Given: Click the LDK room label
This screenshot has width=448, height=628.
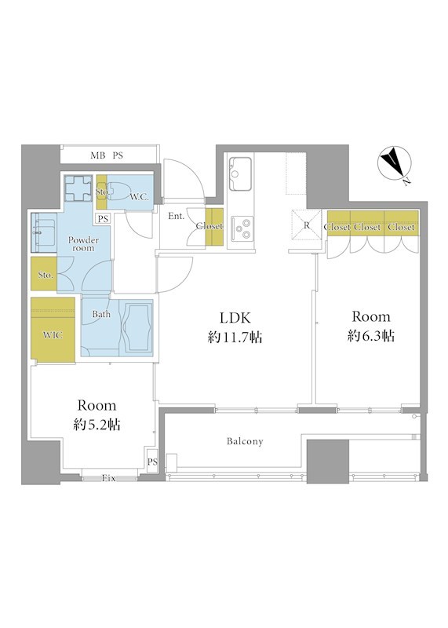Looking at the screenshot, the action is tap(235, 318).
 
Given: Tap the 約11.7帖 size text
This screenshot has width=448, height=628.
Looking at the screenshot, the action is tap(235, 338).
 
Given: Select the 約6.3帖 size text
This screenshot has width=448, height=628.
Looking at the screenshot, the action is tap(371, 336).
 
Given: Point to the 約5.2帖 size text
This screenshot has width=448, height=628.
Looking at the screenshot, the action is tap(97, 425).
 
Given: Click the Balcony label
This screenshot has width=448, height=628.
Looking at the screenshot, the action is tap(245, 441).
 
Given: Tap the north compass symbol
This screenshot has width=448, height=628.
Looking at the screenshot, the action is tap(393, 164).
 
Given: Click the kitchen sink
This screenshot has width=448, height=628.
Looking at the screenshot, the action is tap(240, 173).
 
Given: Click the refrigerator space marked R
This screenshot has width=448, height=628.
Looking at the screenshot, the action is tap(307, 225).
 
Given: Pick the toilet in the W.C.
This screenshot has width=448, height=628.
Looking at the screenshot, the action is tap(120, 191).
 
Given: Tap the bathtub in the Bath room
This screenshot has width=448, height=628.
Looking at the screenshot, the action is tap(138, 327).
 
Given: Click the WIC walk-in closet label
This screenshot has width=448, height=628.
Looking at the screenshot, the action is tap(53, 335).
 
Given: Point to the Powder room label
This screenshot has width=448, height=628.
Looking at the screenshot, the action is tap(83, 244).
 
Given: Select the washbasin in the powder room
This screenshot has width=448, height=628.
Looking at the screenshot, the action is tap(44, 232).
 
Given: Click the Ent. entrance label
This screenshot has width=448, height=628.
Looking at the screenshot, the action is tap(177, 217).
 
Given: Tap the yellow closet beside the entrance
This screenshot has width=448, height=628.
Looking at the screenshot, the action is tap(214, 227).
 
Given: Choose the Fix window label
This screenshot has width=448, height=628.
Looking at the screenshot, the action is tap(109, 478).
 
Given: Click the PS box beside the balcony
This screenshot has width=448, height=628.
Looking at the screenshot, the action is tap(152, 462).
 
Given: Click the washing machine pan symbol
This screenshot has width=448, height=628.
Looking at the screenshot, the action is tap(78, 188).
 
